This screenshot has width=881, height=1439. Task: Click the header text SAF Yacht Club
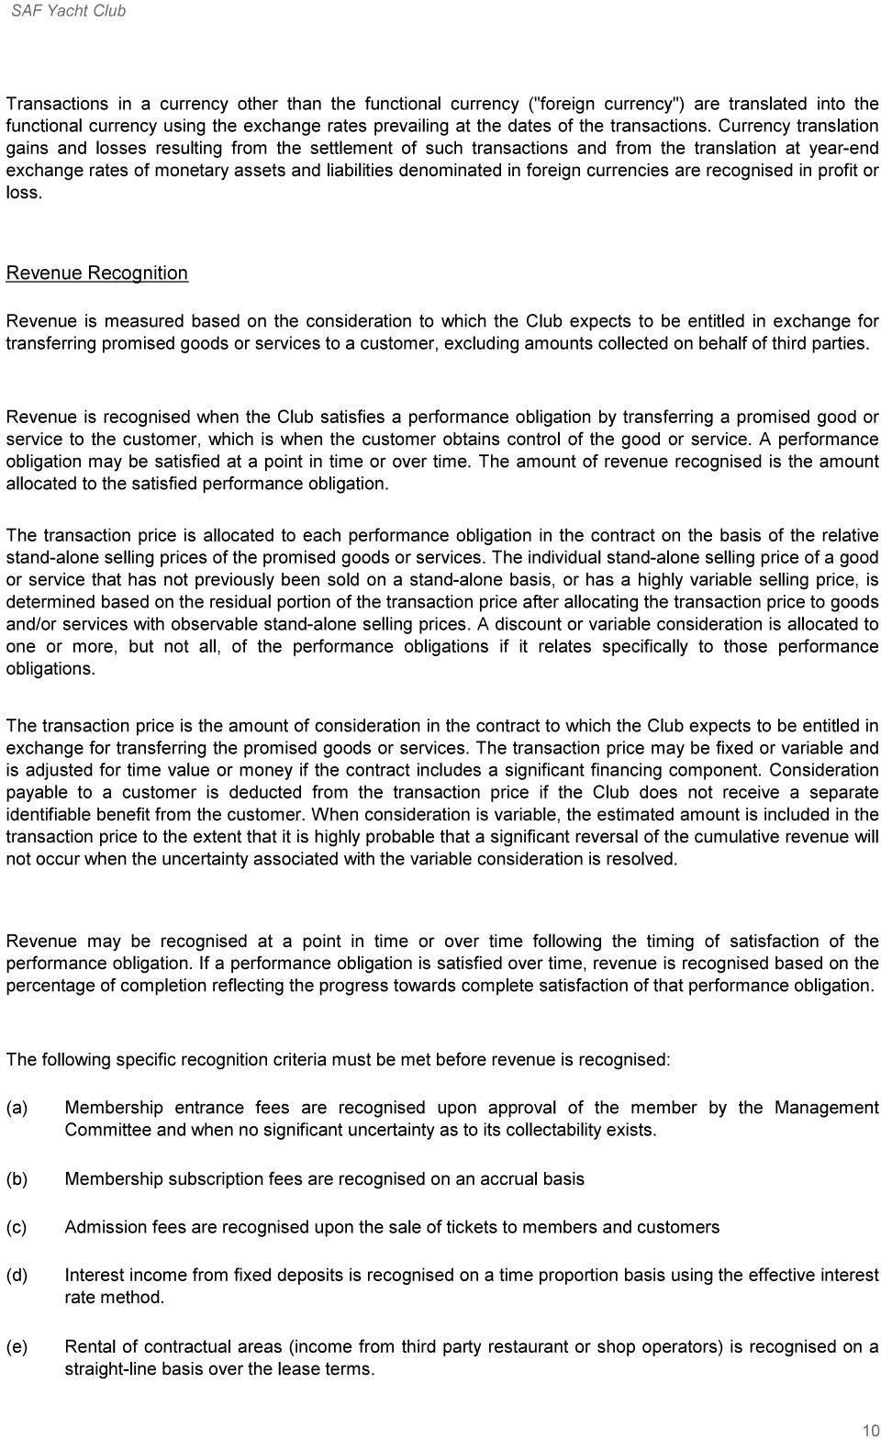[68, 11]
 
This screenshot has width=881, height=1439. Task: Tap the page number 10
[870, 1430]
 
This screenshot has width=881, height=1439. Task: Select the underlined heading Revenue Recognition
[96, 273]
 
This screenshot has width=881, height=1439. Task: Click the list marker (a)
[17, 1108]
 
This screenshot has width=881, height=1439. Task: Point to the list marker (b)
[17, 1178]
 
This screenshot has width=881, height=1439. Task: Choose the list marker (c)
[17, 1227]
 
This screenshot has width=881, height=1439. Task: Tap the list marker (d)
[17, 1275]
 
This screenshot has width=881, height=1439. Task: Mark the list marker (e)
[17, 1346]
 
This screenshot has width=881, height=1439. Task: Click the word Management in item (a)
[826, 1108]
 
